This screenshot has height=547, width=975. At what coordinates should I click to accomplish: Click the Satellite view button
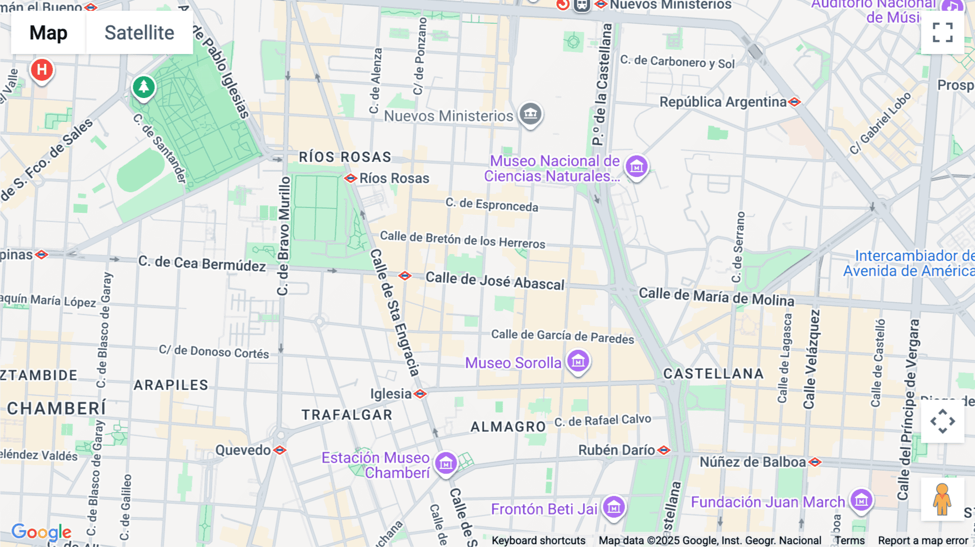pyautogui.click(x=139, y=32)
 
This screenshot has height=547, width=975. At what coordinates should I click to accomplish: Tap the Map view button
pyautogui.click(x=48, y=32)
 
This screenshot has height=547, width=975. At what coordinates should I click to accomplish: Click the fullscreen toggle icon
pyautogui.click(x=942, y=32)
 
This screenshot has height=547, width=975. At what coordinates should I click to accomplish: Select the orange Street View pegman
pyautogui.click(x=942, y=499)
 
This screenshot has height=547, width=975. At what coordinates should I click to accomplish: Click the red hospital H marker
pyautogui.click(x=42, y=70)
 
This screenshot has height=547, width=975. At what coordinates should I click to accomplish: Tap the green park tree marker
pyautogui.click(x=144, y=87)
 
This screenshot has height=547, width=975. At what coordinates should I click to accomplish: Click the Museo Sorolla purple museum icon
pyautogui.click(x=578, y=361)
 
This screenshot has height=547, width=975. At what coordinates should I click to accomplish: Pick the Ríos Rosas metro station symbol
pyautogui.click(x=350, y=178)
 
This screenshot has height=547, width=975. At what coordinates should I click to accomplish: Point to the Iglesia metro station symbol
pyautogui.click(x=420, y=394)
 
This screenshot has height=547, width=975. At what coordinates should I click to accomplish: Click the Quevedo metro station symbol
pyautogui.click(x=279, y=450)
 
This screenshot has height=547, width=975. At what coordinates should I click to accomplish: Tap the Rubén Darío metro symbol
pyautogui.click(x=664, y=450)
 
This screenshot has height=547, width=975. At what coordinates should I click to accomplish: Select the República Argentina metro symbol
pyautogui.click(x=795, y=102)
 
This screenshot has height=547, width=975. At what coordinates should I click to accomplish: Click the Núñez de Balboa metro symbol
pyautogui.click(x=815, y=462)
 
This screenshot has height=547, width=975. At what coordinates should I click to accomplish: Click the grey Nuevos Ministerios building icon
pyautogui.click(x=530, y=114)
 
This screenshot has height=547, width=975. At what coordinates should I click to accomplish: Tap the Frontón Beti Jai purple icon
pyautogui.click(x=614, y=507)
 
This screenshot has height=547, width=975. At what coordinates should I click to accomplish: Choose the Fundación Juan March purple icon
pyautogui.click(x=861, y=500)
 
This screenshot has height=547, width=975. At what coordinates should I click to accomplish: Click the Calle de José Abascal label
pyautogui.click(x=495, y=281)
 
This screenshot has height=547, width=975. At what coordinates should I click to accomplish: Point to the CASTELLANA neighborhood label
pyautogui.click(x=713, y=374)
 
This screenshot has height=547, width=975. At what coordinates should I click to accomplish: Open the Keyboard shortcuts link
pyautogui.click(x=538, y=541)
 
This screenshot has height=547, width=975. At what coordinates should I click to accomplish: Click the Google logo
pyautogui.click(x=41, y=532)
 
